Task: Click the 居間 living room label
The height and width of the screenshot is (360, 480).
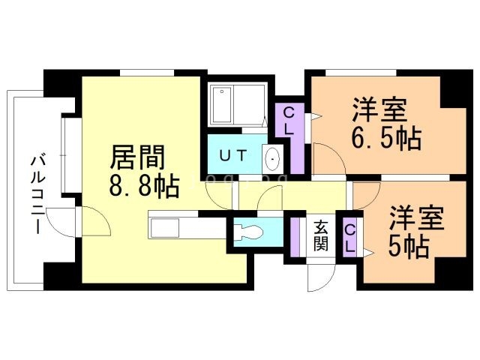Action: tap(137, 157)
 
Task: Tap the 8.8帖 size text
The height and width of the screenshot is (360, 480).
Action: tap(144, 187)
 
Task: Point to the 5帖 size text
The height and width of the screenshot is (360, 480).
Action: tap(408, 247)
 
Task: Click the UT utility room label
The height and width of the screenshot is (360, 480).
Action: tap(233, 155)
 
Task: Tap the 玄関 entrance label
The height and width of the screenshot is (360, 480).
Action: tap(320, 235)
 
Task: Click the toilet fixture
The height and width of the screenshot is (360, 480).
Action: tap(248, 232)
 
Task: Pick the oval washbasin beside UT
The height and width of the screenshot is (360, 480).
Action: tap(271, 159)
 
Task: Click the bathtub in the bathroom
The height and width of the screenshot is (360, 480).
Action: tap(222, 105)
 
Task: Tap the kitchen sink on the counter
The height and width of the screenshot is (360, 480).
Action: tap(165, 228)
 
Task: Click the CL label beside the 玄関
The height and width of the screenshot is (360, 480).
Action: tap(349, 238)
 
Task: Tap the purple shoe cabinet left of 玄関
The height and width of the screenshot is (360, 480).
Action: tap(295, 238)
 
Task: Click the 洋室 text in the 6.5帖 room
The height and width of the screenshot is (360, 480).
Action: tap(379, 109)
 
